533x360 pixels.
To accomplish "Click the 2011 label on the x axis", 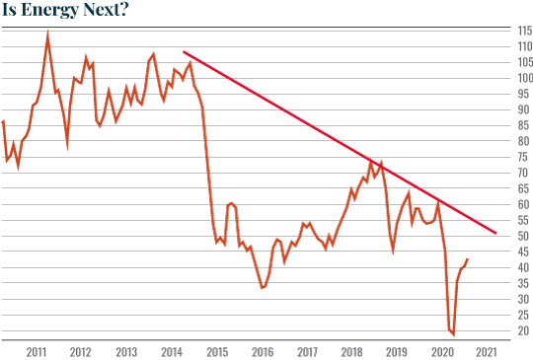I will pos(37,351).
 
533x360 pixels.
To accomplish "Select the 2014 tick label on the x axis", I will pos(172,351).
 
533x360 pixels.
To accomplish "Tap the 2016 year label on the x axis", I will pos(262,351).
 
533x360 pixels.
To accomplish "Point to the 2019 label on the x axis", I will pos(396,351).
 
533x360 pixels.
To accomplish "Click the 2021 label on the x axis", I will pos(486,351).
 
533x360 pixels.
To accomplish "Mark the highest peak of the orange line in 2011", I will pos(48,35).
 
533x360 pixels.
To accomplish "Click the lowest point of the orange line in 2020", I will pos(453,334).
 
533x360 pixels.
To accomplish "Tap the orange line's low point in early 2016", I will pos(262,288).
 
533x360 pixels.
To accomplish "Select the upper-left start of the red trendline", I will pos(184,52).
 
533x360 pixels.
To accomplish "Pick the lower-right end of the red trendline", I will pos(496,234).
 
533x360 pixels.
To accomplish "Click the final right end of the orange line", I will pos(468,259).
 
